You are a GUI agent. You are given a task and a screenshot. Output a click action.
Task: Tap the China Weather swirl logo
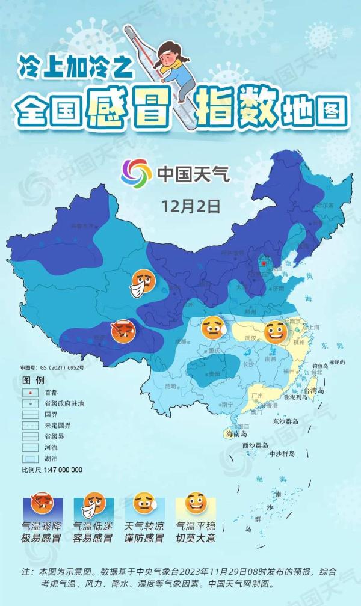tap(135, 173)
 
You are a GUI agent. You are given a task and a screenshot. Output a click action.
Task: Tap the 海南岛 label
tap(236, 434)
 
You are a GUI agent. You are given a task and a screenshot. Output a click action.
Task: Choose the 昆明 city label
tap(171, 386)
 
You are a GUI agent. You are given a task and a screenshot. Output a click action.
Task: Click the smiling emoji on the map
tap(276, 331)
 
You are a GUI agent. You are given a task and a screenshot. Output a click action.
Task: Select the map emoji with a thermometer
tap(123, 331)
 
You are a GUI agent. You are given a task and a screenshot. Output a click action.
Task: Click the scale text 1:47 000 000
tap(60, 470)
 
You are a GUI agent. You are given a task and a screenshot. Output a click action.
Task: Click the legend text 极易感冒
tap(42, 539)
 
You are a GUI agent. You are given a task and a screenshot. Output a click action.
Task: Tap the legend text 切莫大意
tap(196, 539)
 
